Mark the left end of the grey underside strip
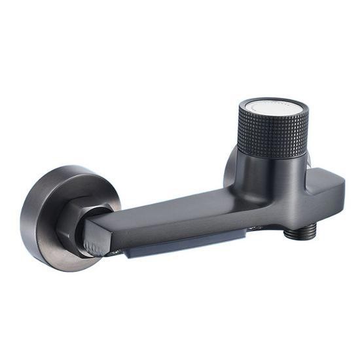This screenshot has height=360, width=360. pos(131,251)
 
